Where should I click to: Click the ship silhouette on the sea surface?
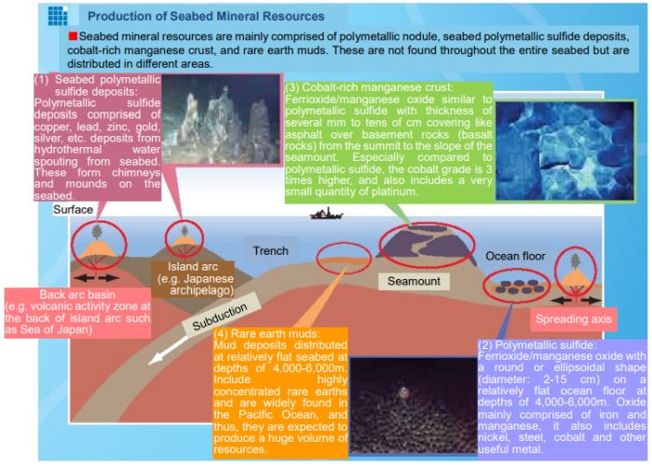pyautogui.click(x=326, y=214)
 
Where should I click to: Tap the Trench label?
pyautogui.click(x=271, y=251)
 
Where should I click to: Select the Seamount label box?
pyautogui.click(x=414, y=281)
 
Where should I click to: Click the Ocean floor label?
pyautogui.click(x=515, y=256)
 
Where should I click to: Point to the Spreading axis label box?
pyautogui.click(x=574, y=319)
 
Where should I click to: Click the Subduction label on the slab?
pyautogui.click(x=220, y=316)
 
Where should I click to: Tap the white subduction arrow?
pyautogui.click(x=168, y=351)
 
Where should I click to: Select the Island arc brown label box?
pyautogui.click(x=193, y=279)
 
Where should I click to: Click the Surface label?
pyautogui.click(x=74, y=209)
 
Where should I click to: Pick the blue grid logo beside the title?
pyautogui.click(x=58, y=16)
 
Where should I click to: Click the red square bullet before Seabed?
pyautogui.click(x=73, y=36)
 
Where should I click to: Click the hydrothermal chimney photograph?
pyautogui.click(x=221, y=119)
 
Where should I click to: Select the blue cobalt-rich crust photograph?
pyautogui.click(x=564, y=151)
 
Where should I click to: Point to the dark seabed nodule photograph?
pyautogui.click(x=413, y=405)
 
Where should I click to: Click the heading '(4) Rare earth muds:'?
pyautogui.click(x=266, y=334)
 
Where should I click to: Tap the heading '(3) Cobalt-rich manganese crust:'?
pyautogui.click(x=369, y=87)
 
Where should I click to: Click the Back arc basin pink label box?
pyautogui.click(x=77, y=313)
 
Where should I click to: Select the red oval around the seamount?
pyautogui.click(x=427, y=246)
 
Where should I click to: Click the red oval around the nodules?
pyautogui.click(x=516, y=286)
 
